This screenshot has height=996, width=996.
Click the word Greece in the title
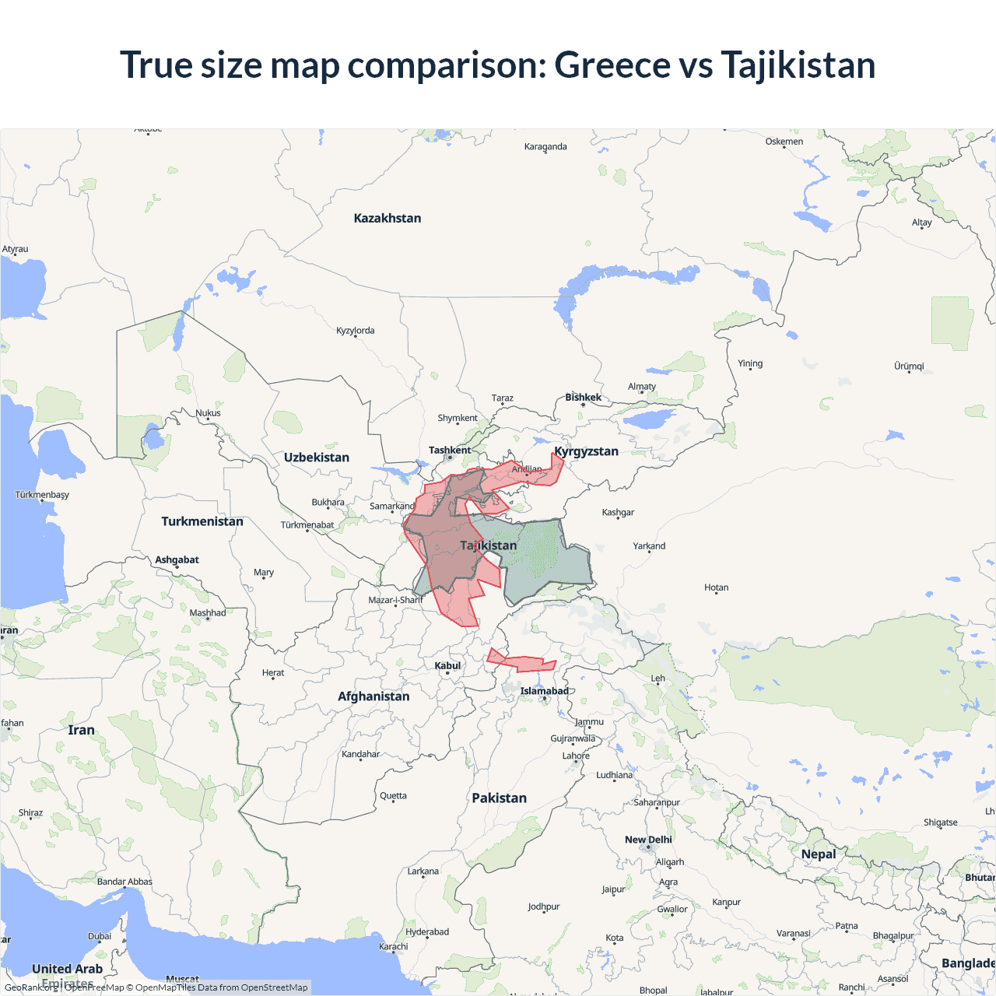click(612, 65)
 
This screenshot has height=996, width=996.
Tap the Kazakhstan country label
click(387, 218)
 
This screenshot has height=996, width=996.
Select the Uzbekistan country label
click(316, 458)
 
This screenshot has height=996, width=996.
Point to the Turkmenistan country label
click(202, 521)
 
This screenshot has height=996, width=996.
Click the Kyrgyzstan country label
click(586, 451)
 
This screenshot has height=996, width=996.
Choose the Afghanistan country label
click(373, 696)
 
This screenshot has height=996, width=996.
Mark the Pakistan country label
click(499, 798)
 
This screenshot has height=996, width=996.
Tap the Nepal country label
click(818, 854)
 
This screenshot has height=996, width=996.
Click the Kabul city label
click(447, 665)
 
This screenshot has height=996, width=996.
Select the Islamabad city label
click(544, 691)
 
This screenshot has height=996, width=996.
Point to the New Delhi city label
click(647, 840)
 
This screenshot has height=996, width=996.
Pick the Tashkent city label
click(449, 450)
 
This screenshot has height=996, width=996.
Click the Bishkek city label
click(583, 398)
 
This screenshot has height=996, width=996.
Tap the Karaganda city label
click(545, 146)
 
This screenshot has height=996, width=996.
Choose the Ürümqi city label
click(908, 366)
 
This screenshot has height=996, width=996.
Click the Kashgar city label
click(618, 512)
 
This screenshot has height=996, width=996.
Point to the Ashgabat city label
click(177, 559)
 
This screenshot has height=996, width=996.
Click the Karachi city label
click(393, 946)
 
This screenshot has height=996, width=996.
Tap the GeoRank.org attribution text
click(31, 987)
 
